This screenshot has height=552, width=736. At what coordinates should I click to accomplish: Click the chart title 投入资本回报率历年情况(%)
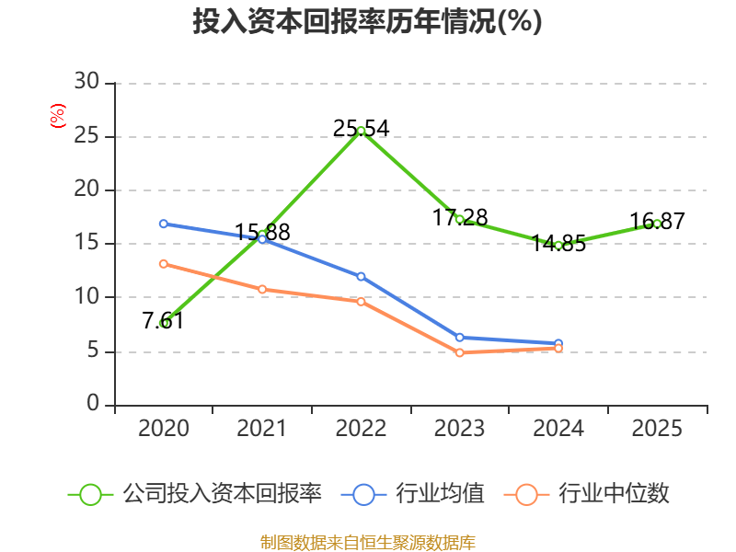point(367,21)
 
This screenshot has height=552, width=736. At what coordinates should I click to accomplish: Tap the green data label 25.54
point(361,128)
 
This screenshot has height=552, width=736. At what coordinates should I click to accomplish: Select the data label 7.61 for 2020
point(163,320)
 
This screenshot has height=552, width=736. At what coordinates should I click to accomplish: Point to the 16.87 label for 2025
point(657,221)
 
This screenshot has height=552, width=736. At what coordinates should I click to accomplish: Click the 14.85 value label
point(558,243)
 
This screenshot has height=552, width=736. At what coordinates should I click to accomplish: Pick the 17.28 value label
point(460,217)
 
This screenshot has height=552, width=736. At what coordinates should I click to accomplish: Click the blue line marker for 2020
point(164,224)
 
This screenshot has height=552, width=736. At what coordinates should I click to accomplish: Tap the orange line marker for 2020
point(164,264)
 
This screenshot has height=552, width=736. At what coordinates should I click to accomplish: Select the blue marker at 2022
point(361,277)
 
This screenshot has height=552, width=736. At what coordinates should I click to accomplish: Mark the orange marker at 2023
point(459,352)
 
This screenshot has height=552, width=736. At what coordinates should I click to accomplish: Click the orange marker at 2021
point(262,289)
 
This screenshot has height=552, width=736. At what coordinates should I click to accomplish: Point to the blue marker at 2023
point(459,338)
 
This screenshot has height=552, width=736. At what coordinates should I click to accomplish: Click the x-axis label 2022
point(361,428)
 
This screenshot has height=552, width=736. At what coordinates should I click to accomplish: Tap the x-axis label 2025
point(657,428)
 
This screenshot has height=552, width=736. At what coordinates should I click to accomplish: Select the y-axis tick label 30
point(86,81)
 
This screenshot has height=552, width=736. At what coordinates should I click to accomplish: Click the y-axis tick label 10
point(86,296)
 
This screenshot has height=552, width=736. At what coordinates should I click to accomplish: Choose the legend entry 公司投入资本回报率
point(194,494)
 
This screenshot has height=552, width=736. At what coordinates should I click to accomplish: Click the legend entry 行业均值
point(412,494)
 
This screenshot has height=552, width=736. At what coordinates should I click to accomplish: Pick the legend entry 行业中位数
point(586,494)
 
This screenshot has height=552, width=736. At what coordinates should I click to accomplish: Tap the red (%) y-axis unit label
point(58,116)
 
